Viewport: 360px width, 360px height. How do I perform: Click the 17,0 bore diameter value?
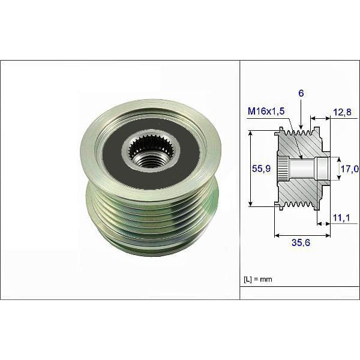coord(349,170)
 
